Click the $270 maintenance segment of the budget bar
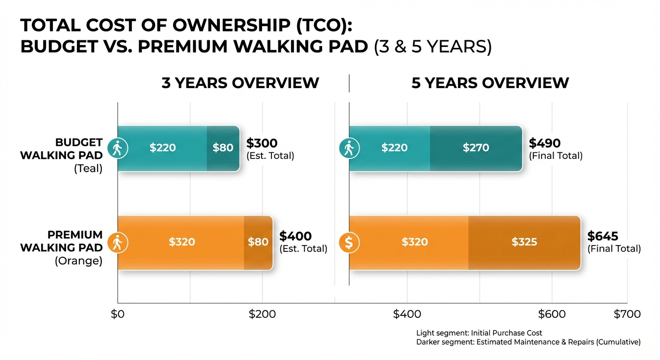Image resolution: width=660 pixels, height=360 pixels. coord(476,148)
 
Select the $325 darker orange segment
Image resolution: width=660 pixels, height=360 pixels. coord(524,242)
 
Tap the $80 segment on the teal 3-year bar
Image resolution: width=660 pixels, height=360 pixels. coord(223,148)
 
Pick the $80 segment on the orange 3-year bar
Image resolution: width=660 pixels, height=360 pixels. coord(258,242)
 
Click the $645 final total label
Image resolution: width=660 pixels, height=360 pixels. coord(603,236)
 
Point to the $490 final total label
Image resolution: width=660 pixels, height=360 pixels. coord(545,143)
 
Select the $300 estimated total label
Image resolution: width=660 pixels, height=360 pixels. coord(262,143)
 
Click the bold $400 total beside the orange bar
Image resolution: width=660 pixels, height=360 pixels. coord(295,236)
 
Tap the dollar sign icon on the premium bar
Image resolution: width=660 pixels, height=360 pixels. coord(349,242)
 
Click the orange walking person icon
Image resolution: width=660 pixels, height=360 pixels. coord(117,242)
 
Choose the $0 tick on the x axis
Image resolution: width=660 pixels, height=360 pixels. coord(117,314)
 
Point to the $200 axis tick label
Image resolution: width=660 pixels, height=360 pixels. coord(262,314)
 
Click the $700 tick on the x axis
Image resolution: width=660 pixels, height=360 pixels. coord(627,314)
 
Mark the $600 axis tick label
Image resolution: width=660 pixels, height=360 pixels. coord(552,314)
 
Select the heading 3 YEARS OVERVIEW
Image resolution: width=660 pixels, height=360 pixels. coord(240,83)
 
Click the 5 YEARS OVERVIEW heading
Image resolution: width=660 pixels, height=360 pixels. coord(490,83)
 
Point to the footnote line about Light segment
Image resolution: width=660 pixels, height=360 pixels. coord(479,333)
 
